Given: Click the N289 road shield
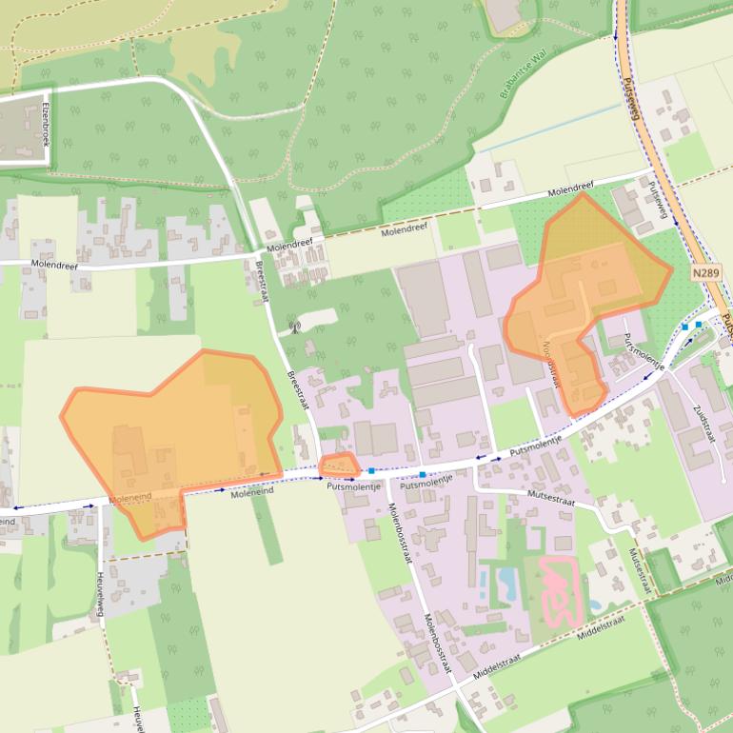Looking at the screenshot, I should pyautogui.click(x=705, y=272).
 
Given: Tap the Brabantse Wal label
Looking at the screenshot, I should pyautogui.click(x=522, y=77).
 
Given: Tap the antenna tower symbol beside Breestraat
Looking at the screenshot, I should pyautogui.click(x=294, y=328).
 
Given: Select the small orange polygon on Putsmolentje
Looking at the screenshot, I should pyautogui.click(x=338, y=466).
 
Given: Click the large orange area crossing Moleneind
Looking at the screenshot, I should pyautogui.click(x=176, y=428).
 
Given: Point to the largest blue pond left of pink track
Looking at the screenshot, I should pyautogui.click(x=500, y=582).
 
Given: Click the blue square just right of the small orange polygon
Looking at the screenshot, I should pyautogui.click(x=371, y=470).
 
